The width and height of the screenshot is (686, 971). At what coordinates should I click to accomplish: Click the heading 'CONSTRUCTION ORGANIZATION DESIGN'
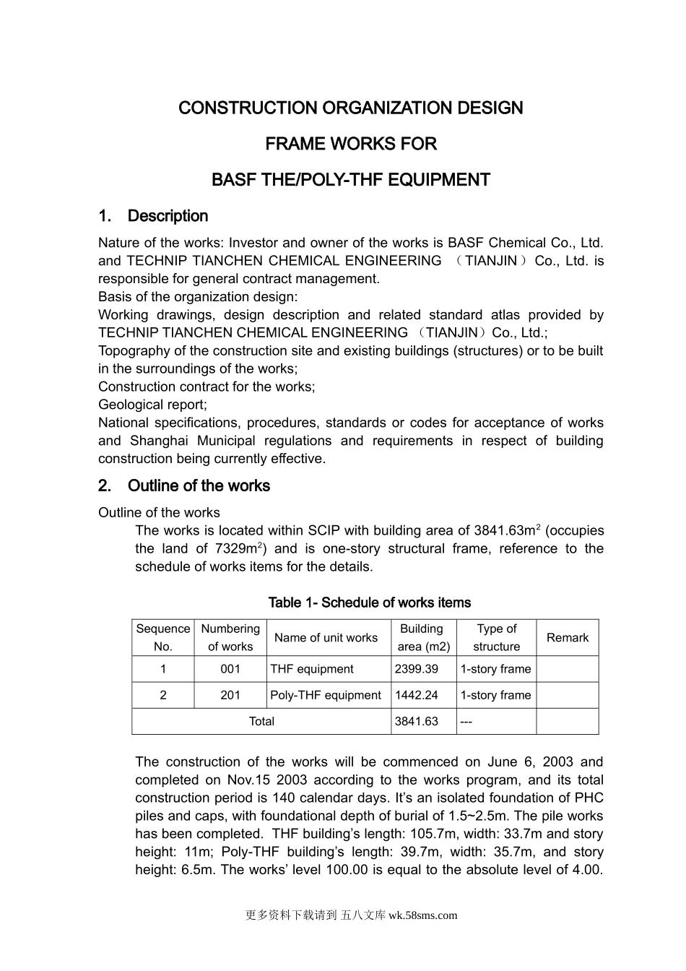350,108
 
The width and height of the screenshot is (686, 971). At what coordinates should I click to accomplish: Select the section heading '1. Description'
153,216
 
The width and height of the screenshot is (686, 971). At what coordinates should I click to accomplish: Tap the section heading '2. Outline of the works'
184,485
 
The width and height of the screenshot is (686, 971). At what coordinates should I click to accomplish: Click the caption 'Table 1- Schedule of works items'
369,603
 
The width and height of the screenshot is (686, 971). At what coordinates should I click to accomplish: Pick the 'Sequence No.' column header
163,637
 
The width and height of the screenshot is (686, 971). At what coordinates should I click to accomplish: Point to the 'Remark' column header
568,637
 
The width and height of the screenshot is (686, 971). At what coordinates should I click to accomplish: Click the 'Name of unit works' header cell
326,637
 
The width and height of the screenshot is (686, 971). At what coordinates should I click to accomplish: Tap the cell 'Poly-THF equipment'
326,695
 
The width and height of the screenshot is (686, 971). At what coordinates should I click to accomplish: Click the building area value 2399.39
417,669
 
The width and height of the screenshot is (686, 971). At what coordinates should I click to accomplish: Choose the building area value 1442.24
417,695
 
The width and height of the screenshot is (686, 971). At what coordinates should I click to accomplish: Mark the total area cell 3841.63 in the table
417,721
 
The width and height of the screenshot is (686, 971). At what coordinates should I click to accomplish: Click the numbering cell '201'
230,695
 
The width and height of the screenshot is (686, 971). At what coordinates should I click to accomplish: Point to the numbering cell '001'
230,669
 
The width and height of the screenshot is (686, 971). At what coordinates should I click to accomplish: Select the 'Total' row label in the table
261,721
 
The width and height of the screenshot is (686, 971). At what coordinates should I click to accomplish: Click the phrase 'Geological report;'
152,405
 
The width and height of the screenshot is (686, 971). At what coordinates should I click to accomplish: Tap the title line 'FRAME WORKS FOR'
351,144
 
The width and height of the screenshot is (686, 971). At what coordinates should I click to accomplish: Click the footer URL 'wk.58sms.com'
422,915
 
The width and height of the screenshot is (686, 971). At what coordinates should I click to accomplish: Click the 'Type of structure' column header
497,637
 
